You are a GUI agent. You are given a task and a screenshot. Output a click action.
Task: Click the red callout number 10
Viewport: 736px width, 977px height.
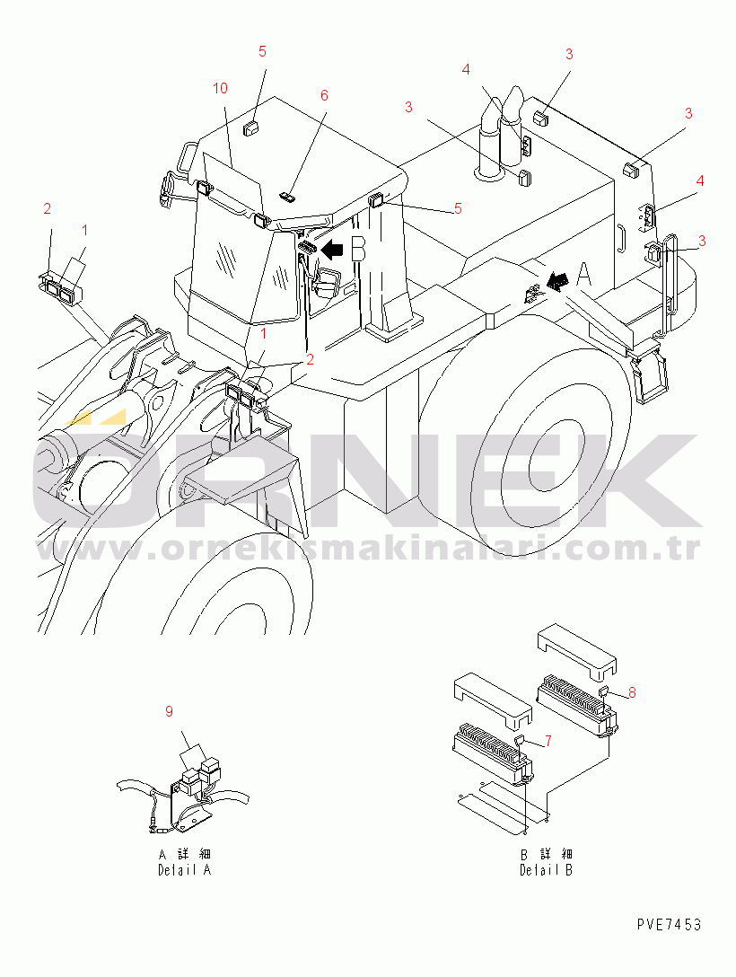[221, 89]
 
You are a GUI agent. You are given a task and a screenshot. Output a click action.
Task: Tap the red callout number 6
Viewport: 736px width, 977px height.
[324, 95]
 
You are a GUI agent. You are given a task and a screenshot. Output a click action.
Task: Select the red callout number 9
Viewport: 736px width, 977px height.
[169, 711]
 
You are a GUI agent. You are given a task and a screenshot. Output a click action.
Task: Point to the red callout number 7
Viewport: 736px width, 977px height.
[548, 741]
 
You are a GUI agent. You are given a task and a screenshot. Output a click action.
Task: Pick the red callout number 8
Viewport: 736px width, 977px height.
[632, 692]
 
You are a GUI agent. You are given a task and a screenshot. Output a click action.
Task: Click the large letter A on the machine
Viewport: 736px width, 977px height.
[583, 276]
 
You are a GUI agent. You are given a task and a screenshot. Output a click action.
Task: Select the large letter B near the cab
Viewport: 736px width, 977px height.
[358, 248]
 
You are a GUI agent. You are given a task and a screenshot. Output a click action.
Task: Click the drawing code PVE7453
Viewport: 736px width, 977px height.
[669, 924]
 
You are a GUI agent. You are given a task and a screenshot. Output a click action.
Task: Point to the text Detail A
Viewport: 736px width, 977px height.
[184, 870]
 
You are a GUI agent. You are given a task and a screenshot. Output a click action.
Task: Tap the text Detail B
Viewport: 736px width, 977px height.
[546, 870]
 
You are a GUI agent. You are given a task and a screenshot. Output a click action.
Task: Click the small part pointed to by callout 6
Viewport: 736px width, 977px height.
[288, 198]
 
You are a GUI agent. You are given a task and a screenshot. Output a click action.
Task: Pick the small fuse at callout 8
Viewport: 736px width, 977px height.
[603, 690]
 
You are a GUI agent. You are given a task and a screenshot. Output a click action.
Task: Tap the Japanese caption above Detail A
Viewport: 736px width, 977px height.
[185, 854]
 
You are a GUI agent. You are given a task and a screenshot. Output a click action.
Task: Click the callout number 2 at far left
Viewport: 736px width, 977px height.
[48, 208]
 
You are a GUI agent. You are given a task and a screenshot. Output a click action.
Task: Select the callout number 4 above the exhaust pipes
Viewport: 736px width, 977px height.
[466, 70]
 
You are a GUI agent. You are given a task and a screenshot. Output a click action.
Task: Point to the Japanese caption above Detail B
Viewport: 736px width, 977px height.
[547, 854]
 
